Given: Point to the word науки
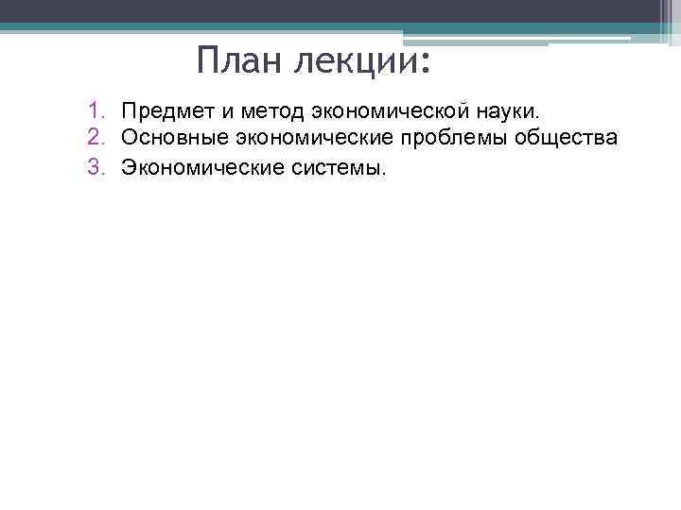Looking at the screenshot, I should point(506,113).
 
